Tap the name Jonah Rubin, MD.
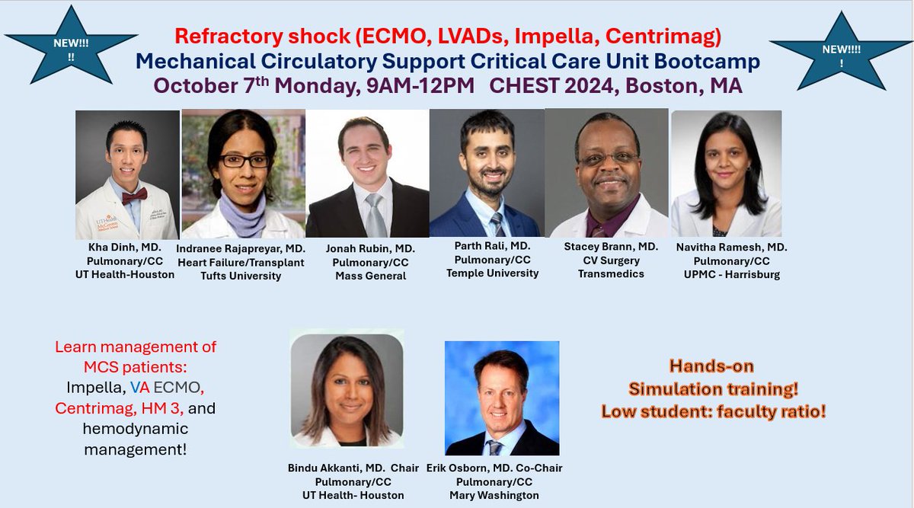(x=369, y=248)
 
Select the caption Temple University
(x=492, y=273)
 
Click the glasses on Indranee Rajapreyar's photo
(x=244, y=161)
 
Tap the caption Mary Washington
(x=500, y=495)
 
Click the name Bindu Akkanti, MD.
(x=336, y=468)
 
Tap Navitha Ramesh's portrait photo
(x=726, y=174)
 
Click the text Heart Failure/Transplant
(x=240, y=262)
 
